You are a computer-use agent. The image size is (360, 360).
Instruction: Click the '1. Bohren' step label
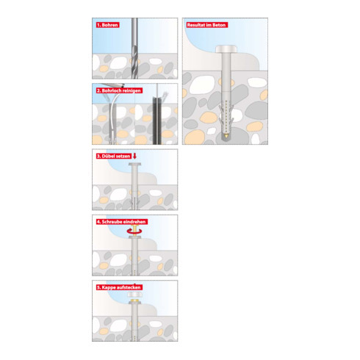tap(107, 25)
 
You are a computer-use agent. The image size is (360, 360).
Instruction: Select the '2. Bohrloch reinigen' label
tap(119, 90)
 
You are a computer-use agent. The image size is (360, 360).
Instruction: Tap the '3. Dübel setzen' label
tap(114, 156)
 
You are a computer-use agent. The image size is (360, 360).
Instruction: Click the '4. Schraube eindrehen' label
tap(121, 222)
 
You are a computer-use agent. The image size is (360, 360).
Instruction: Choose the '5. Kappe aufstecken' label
tap(119, 287)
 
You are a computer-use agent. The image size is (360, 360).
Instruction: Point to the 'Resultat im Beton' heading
tap(206, 25)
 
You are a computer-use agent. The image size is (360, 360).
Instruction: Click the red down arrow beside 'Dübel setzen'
tap(134, 156)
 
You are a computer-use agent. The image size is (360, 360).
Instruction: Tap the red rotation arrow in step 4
tap(134, 231)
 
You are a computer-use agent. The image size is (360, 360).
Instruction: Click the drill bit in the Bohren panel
tap(134, 48)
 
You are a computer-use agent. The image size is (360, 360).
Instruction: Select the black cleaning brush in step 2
tap(157, 120)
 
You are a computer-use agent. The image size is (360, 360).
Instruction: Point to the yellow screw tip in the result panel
tap(226, 134)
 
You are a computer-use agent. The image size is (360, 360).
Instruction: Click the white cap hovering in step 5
tap(134, 295)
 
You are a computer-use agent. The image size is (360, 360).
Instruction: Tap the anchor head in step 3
tap(134, 164)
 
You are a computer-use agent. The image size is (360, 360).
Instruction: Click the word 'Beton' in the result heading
tap(219, 25)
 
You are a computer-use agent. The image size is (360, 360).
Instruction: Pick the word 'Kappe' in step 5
tap(108, 287)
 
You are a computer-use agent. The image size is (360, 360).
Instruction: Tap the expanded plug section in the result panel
tap(226, 115)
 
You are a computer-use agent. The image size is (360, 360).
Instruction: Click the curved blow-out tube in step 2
tap(112, 115)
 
